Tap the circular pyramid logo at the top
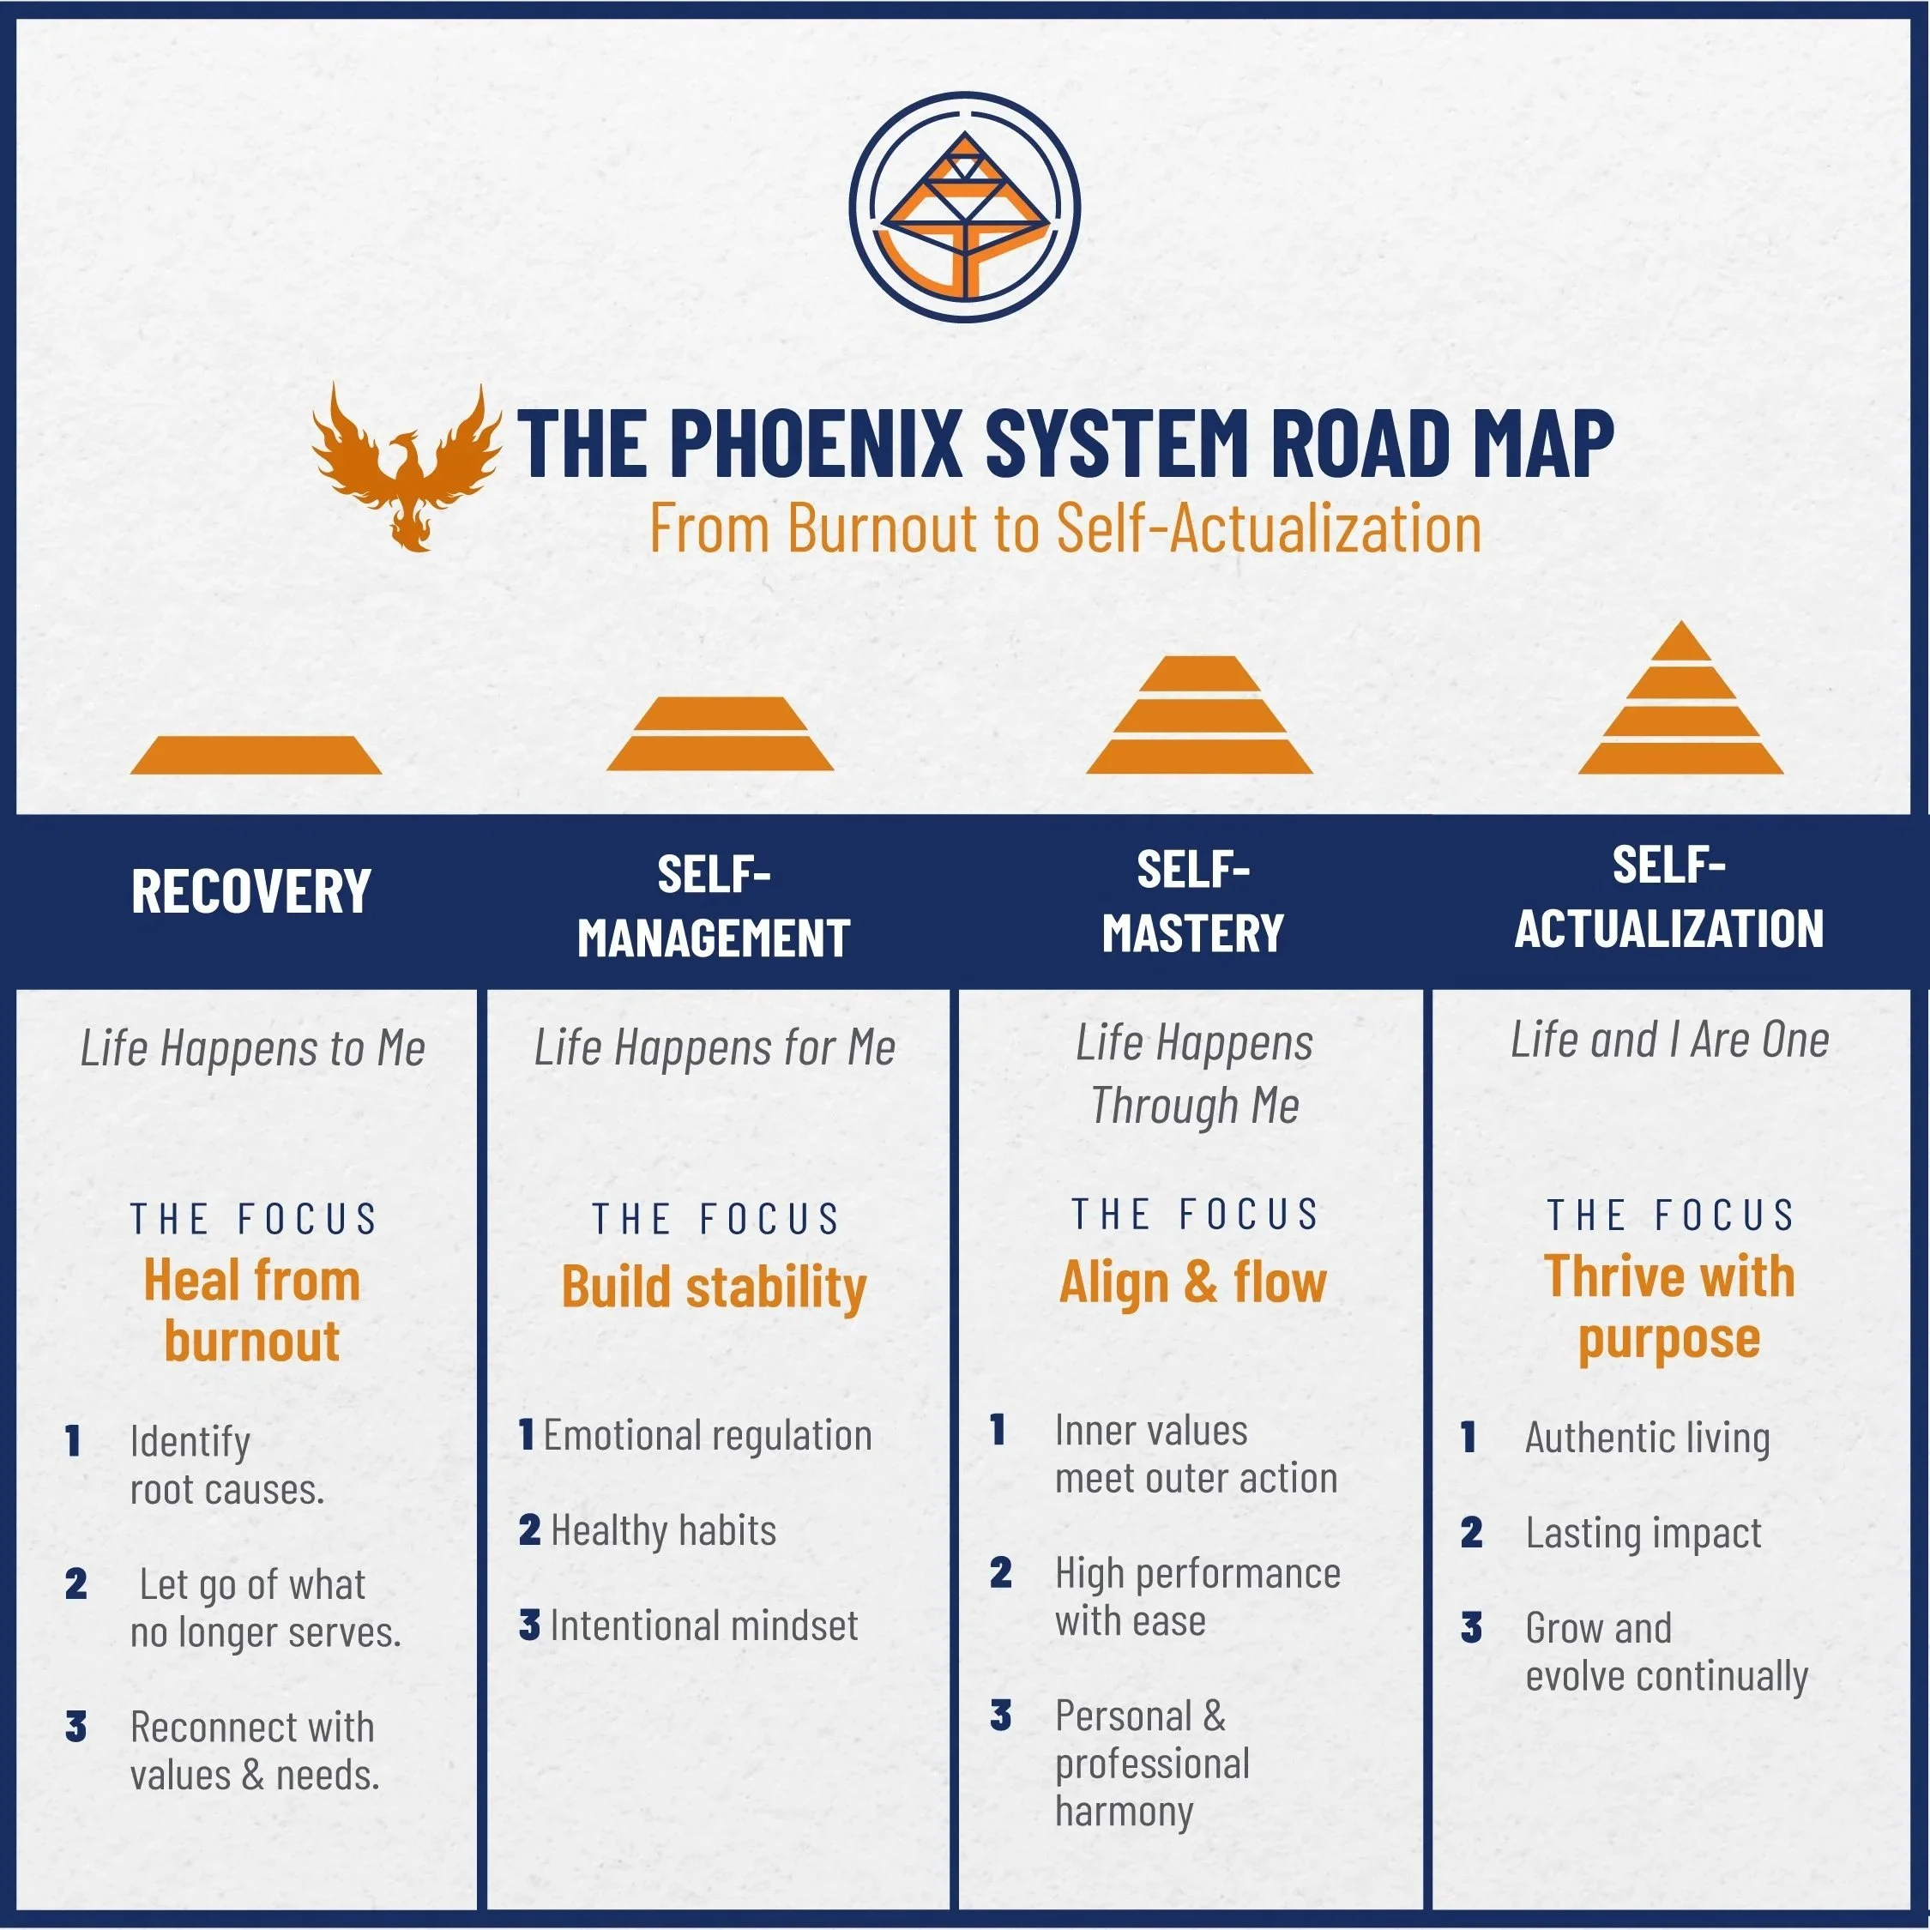click(964, 208)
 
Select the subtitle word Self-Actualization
click(1268, 528)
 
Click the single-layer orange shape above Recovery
click(256, 754)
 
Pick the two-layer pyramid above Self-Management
click(720, 733)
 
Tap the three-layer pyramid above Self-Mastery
click(1199, 715)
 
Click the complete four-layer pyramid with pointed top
click(1680, 699)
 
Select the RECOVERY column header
click(250, 891)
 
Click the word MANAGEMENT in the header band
click(714, 938)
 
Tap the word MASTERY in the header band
click(1193, 933)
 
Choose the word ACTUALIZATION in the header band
click(1668, 928)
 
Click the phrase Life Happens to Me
click(253, 1048)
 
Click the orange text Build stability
click(714, 1287)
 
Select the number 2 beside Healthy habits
click(529, 1530)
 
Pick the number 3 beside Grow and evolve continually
click(1470, 1627)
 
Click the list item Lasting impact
click(1644, 1534)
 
